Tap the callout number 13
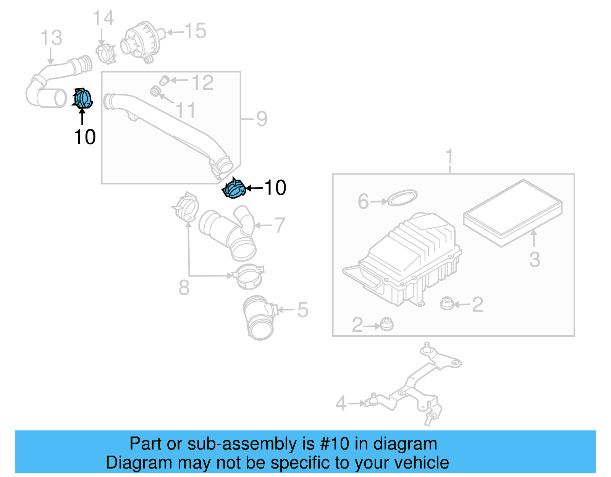pos(51,38)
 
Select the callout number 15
pos(195,31)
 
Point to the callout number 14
pos(103,18)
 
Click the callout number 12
pos(202,83)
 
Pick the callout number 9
pos(262,119)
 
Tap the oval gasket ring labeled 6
pos(402,197)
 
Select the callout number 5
pos(302,310)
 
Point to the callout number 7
pos(280,225)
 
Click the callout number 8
pos(184,288)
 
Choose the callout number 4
pos(341,403)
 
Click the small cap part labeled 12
pos(164,80)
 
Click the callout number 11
pos(186,110)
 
